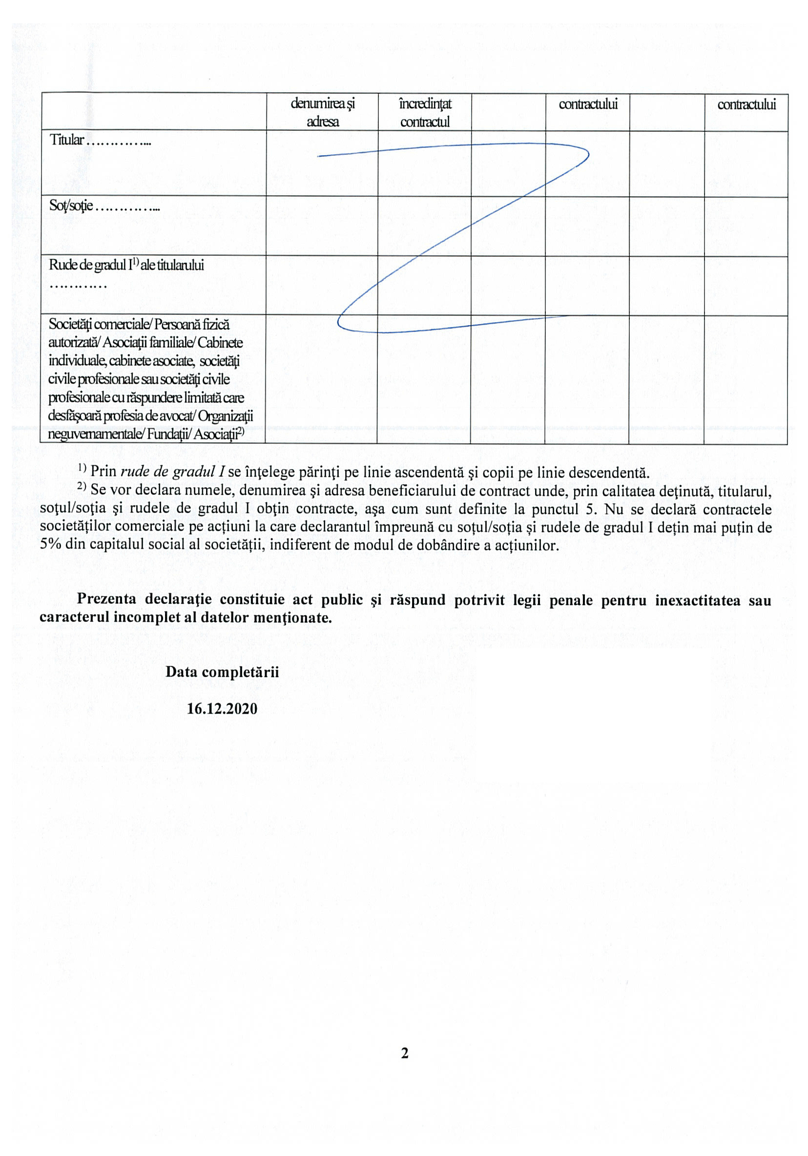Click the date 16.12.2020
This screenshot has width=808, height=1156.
222,709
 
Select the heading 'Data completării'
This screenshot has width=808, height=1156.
222,672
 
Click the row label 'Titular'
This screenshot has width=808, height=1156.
66,140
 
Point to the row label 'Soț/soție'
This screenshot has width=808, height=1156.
71,206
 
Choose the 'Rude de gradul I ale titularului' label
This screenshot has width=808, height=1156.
126,266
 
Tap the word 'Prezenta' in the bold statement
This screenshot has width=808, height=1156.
106,599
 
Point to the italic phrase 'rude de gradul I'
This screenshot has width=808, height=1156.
172,472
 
